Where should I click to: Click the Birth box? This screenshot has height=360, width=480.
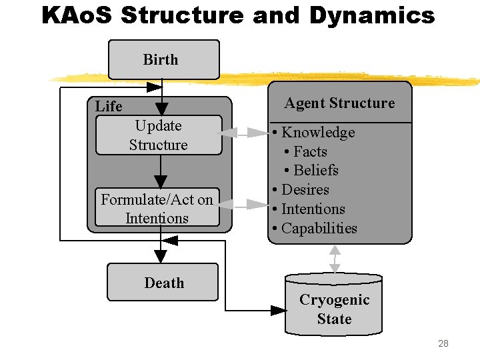coord(164,59)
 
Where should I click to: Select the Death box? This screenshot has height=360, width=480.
coord(163,282)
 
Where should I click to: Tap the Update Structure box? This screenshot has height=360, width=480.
coord(159,135)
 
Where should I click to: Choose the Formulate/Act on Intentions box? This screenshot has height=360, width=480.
coord(157,208)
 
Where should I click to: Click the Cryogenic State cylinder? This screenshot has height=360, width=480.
coord(334,309)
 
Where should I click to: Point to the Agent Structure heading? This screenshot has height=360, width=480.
coord(339,103)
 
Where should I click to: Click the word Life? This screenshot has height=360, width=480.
coord(109,107)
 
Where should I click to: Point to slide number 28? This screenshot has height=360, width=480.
coord(443,343)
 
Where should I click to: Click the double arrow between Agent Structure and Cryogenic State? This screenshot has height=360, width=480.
coord(335,259)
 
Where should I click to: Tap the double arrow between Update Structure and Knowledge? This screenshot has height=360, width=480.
coord(245,133)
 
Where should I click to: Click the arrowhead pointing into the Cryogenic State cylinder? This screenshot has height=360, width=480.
coord(279,310)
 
